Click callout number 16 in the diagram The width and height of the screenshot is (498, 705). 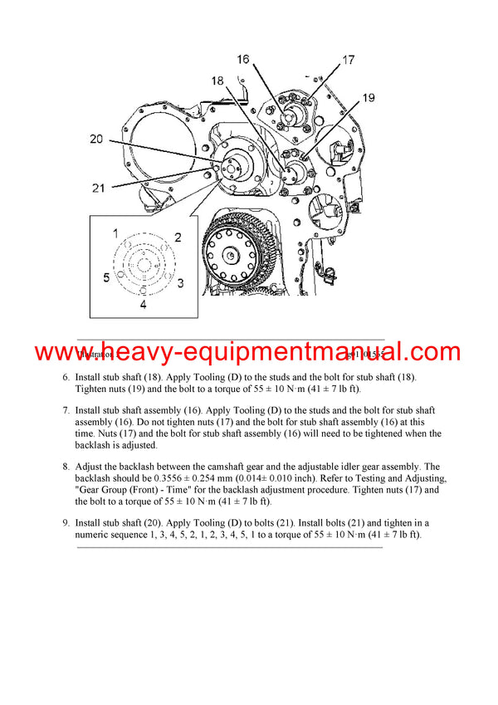(243, 59)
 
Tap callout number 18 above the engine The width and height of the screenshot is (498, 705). (217, 81)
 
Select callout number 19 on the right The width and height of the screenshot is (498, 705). (369, 99)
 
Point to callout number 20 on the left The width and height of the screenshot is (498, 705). (96, 140)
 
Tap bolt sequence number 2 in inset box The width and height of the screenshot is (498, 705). (177, 237)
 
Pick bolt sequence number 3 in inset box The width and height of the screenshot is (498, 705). (180, 283)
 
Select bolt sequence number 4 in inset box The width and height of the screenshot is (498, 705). (142, 305)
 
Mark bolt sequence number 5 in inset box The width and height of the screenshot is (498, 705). (106, 277)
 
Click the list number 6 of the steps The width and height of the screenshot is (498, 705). (66, 377)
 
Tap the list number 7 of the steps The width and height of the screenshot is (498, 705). (66, 410)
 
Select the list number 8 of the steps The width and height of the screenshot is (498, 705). (66, 467)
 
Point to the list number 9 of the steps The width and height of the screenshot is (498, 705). (66, 522)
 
